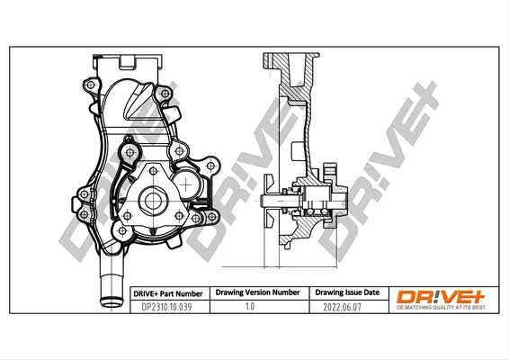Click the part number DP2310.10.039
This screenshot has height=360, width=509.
tap(167, 307)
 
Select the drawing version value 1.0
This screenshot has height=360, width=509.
tap(250, 306)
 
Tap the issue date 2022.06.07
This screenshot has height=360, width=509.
tap(342, 307)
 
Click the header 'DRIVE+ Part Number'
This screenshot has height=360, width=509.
tap(168, 294)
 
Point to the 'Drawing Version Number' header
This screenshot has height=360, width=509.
tap(258, 292)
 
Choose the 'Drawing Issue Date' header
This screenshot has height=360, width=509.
tap(347, 292)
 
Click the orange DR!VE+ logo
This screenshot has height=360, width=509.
tap(441, 297)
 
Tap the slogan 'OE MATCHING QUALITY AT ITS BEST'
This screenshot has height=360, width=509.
tap(441, 308)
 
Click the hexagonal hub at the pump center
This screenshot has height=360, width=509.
tap(153, 201)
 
